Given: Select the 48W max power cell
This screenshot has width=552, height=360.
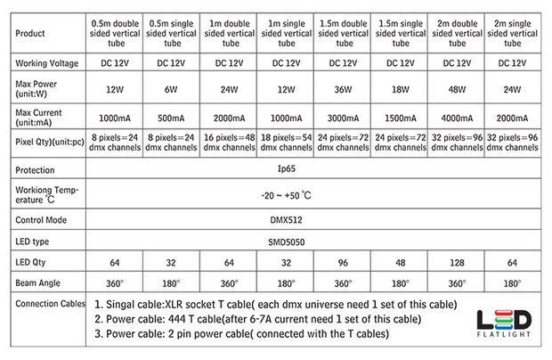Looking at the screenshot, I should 458,90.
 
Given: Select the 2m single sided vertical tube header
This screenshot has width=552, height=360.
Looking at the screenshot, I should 514,33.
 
